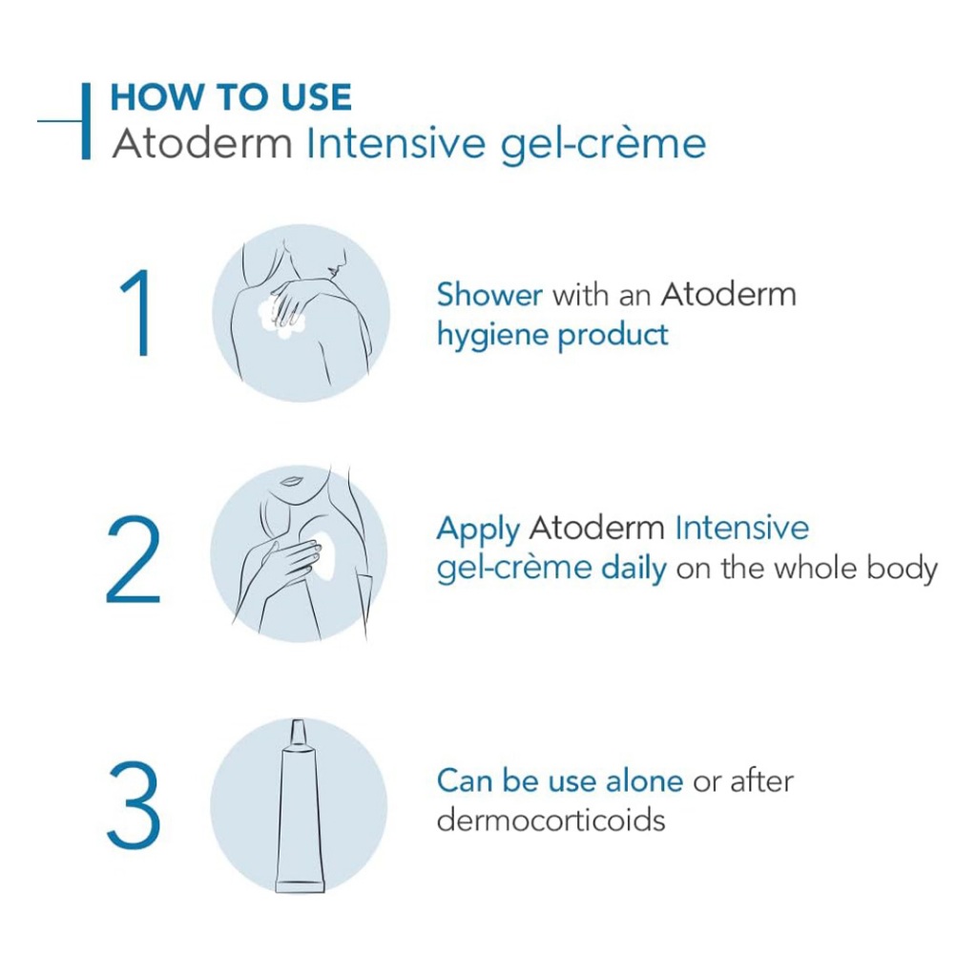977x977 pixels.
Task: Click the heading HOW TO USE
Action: [x=231, y=97]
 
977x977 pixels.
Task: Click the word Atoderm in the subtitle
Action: [x=202, y=144]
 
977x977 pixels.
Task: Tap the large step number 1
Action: [x=138, y=313]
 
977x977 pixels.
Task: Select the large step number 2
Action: [x=134, y=559]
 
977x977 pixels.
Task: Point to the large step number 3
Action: [x=134, y=805]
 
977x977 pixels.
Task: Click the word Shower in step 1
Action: [x=489, y=294]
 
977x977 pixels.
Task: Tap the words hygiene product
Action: [x=552, y=335]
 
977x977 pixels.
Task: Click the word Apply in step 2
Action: [x=479, y=530]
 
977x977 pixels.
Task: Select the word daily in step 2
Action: [x=634, y=569]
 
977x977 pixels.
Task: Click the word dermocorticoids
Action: [x=551, y=820]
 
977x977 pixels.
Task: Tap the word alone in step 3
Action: [x=644, y=780]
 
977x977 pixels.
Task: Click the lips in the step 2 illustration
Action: [x=292, y=481]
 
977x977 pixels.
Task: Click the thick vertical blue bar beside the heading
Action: [x=86, y=121]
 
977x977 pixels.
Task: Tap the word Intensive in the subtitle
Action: [x=396, y=144]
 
